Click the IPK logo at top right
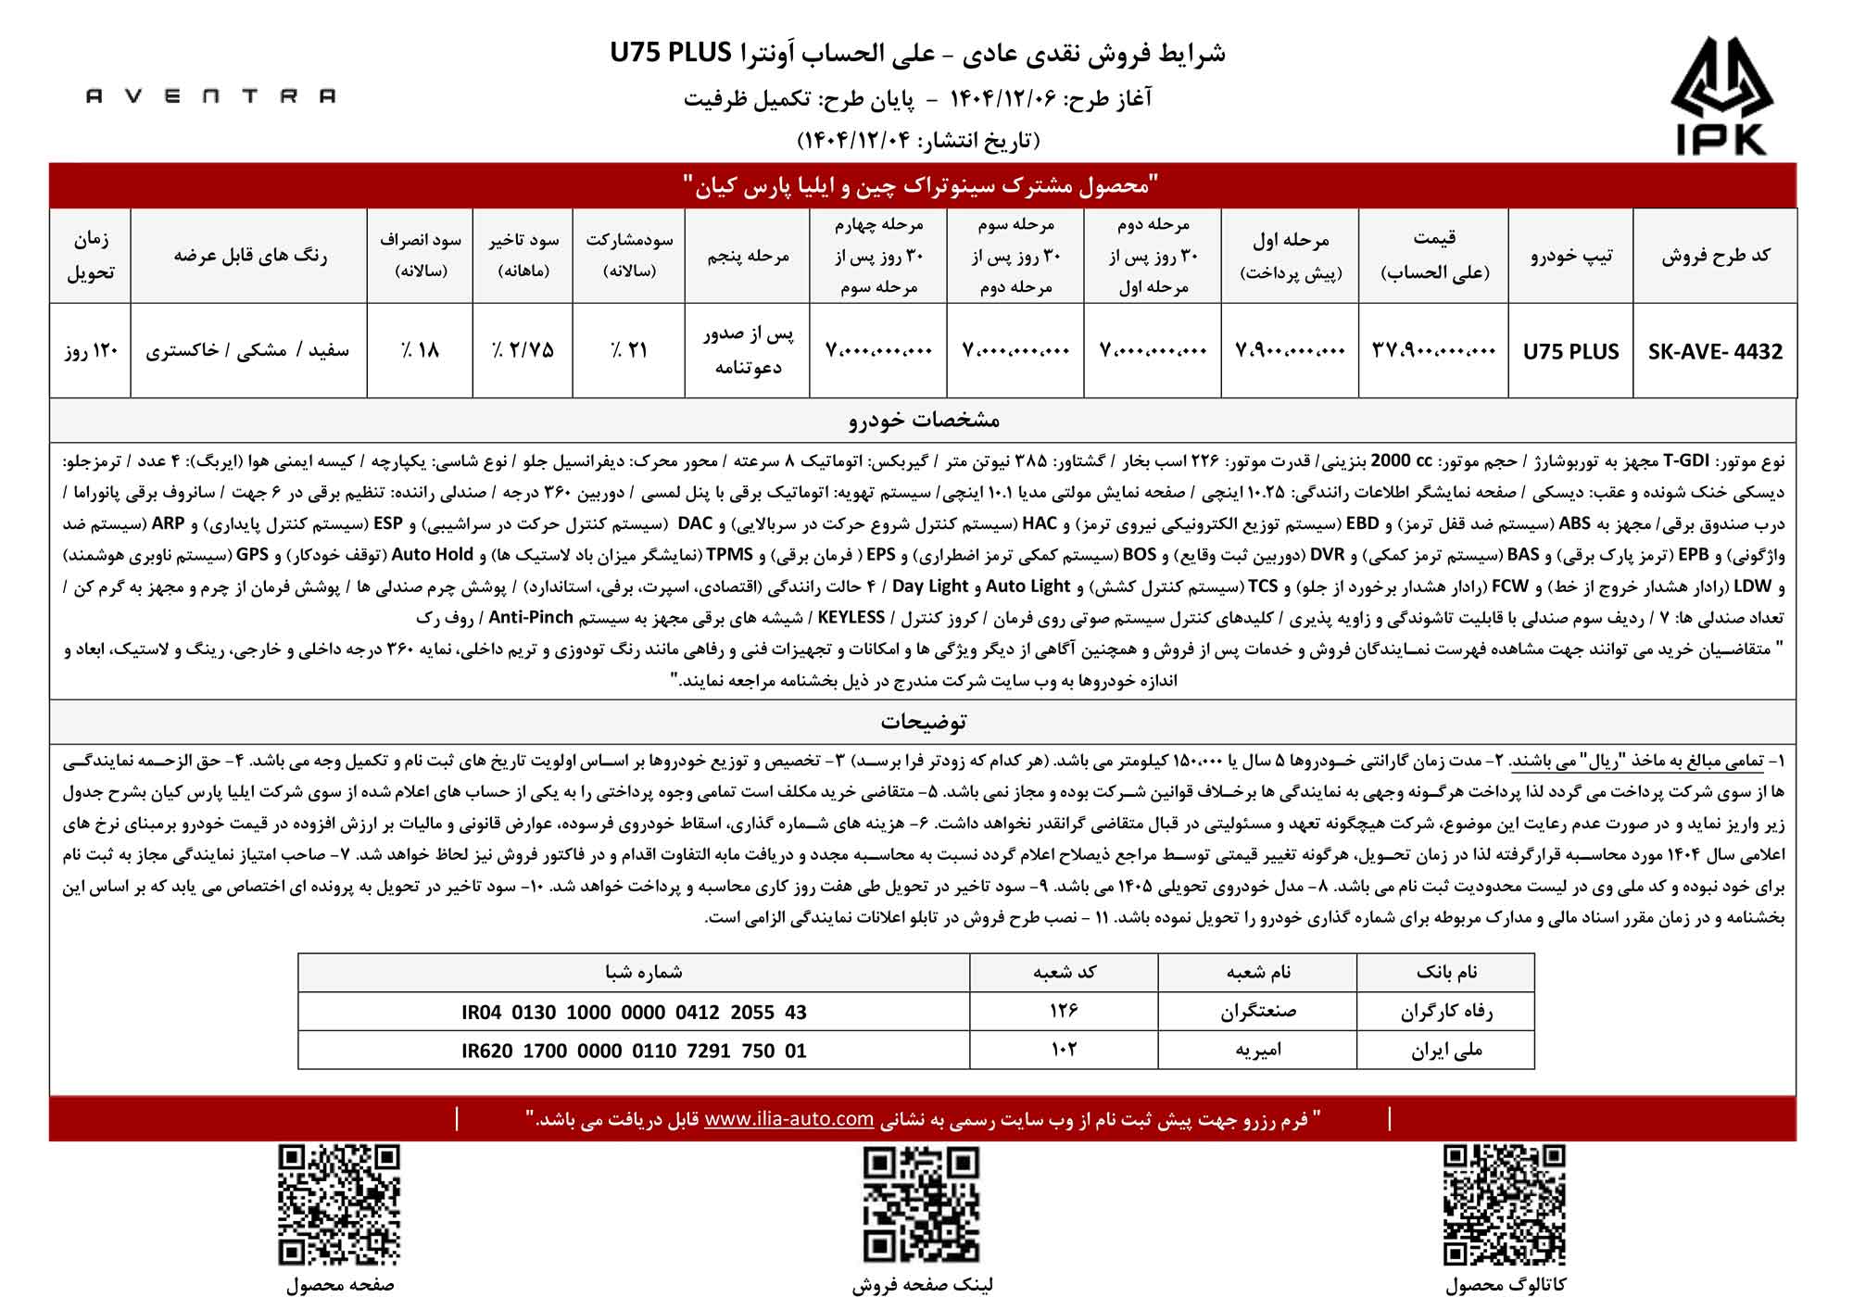click(x=1721, y=95)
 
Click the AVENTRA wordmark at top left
click(x=211, y=95)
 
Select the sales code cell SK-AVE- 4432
click(x=1715, y=352)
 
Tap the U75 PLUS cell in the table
click(x=1570, y=352)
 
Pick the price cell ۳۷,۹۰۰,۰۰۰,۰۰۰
click(x=1433, y=351)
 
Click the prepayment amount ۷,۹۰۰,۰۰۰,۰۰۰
click(x=1290, y=351)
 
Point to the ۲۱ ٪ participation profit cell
click(x=629, y=351)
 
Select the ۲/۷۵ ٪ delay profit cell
click(x=523, y=351)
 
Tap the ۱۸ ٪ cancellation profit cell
click(x=420, y=351)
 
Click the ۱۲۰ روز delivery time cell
click(x=91, y=351)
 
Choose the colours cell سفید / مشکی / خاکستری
click(x=248, y=351)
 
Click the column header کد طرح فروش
click(x=1715, y=257)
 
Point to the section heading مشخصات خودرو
click(x=924, y=420)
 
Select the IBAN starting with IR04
click(x=634, y=1013)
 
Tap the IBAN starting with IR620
click(x=634, y=1051)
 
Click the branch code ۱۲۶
click(x=1064, y=1012)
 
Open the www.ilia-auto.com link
click(x=788, y=1119)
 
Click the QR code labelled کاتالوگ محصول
click(x=1505, y=1204)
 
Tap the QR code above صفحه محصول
click(x=340, y=1204)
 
